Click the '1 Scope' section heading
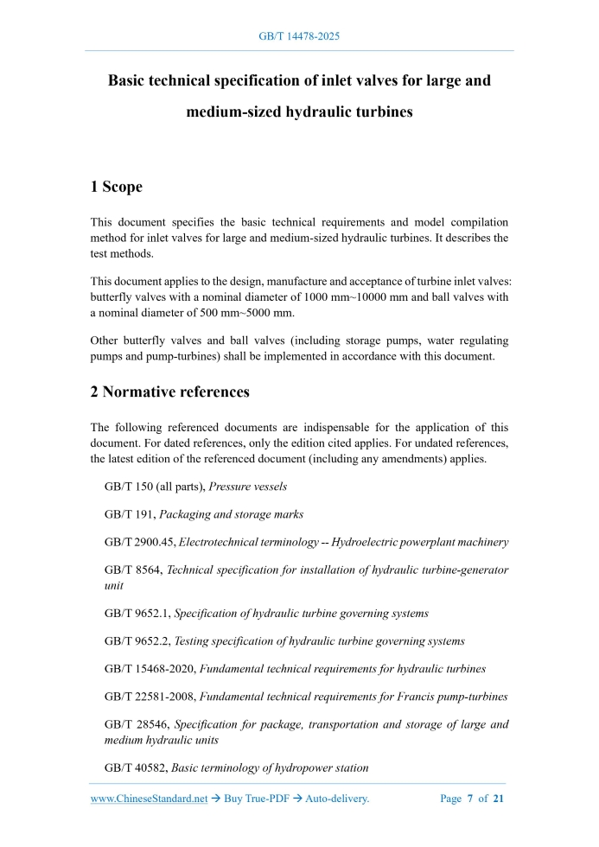(117, 187)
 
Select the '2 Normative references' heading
(169, 392)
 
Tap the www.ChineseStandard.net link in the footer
(149, 799)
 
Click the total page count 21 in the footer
(498, 799)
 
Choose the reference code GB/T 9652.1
(137, 614)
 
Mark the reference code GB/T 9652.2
(137, 641)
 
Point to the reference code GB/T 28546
(135, 724)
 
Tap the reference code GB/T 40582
(135, 767)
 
